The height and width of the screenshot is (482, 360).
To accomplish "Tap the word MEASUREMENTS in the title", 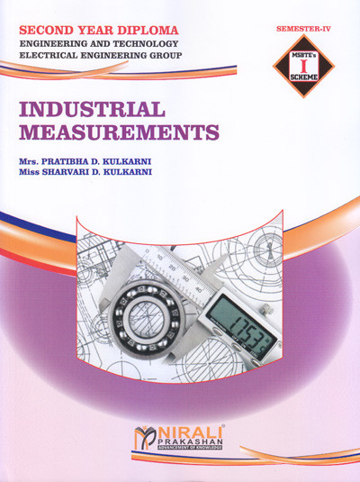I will (119, 133).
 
